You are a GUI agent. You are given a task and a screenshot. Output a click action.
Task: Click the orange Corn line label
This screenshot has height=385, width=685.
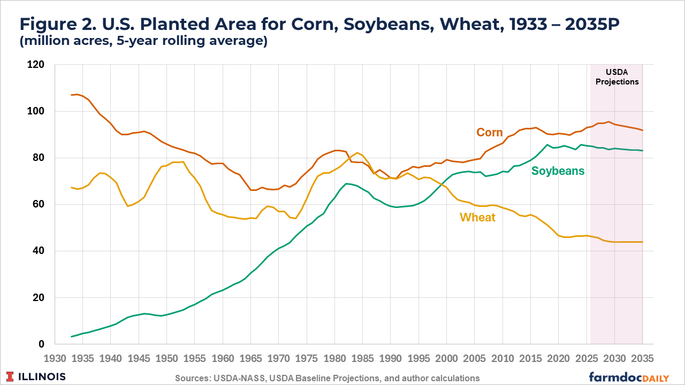click(x=489, y=133)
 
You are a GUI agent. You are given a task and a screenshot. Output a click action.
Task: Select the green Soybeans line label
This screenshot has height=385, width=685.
click(x=558, y=171)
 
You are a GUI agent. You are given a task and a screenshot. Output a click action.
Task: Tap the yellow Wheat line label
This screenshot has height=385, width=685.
click(x=477, y=217)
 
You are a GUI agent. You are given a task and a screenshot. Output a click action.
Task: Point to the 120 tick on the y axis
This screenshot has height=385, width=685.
click(x=43, y=65)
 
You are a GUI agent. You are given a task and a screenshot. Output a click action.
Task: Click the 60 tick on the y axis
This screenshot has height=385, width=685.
click(x=45, y=205)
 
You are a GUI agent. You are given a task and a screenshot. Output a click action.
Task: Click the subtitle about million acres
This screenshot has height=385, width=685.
click(x=143, y=41)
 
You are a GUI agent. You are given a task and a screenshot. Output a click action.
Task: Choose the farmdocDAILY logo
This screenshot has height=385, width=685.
click(x=629, y=376)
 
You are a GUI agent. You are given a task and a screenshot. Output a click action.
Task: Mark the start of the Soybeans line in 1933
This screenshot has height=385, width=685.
click(x=72, y=336)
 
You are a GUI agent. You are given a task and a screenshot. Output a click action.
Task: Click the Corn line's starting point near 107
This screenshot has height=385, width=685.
click(x=72, y=95)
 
